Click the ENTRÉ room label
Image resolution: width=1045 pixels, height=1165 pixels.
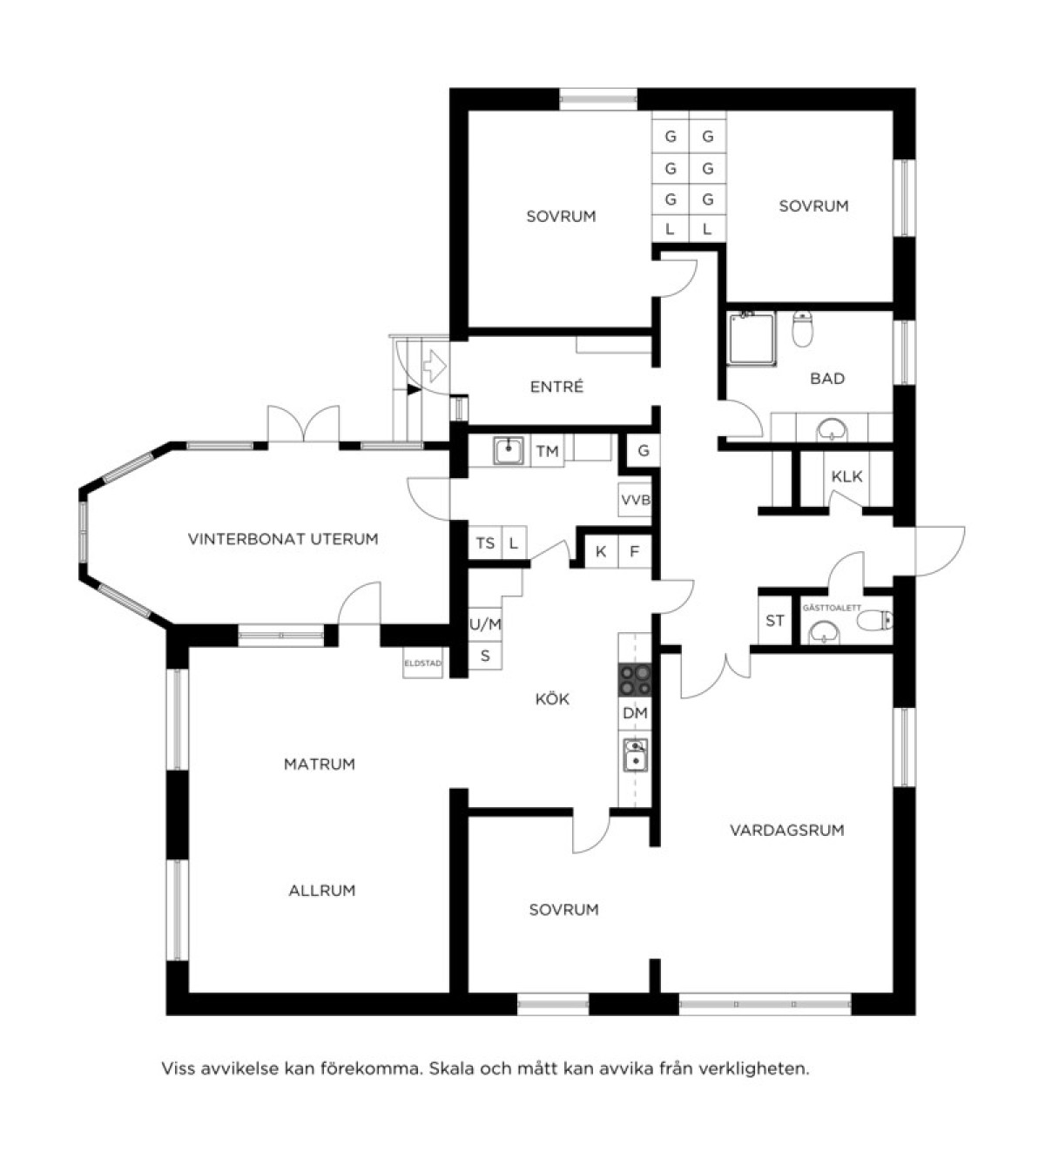(556, 387)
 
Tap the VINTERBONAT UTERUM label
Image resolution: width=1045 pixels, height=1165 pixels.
(283, 539)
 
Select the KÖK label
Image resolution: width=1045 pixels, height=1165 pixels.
(552, 698)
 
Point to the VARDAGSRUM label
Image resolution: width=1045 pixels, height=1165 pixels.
(786, 830)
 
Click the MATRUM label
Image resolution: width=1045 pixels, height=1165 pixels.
(320, 764)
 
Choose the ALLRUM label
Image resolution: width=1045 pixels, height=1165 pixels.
(321, 890)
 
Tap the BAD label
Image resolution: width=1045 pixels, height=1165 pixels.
(827, 379)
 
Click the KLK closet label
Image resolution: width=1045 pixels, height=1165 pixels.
(846, 476)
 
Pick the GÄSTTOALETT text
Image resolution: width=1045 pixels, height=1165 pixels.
(832, 608)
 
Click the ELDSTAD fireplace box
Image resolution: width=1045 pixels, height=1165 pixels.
(422, 663)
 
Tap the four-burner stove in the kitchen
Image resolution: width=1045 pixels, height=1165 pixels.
(635, 680)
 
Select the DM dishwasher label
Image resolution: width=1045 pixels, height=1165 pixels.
(635, 714)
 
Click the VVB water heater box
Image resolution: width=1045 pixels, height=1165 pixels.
(635, 500)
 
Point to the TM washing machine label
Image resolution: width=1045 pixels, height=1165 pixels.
(547, 451)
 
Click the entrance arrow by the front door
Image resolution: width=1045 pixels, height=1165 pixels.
(435, 364)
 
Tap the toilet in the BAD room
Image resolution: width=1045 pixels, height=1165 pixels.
(802, 329)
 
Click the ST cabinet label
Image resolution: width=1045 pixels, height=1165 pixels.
(775, 621)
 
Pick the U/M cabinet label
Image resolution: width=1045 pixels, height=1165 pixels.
(485, 624)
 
